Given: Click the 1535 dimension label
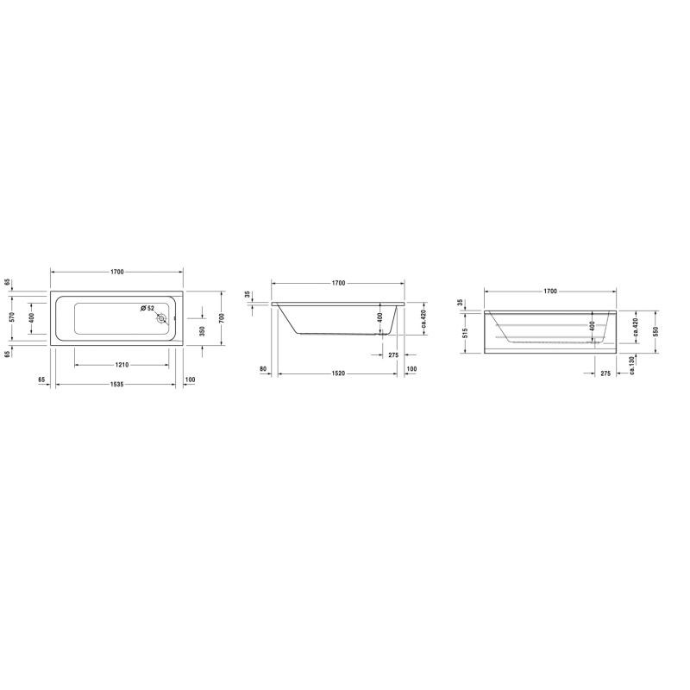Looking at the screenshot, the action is (116, 384).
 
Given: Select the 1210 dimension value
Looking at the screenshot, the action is (122, 365).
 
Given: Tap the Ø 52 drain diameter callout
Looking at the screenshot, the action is (147, 308).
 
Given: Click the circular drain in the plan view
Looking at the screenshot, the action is (162, 318).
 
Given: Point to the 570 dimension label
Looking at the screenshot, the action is (12, 317).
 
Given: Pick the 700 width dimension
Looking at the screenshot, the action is (222, 317).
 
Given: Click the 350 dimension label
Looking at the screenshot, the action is (203, 331).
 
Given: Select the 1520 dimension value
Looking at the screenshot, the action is (338, 373).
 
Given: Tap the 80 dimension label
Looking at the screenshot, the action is (263, 369).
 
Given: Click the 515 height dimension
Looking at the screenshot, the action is (466, 333).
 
